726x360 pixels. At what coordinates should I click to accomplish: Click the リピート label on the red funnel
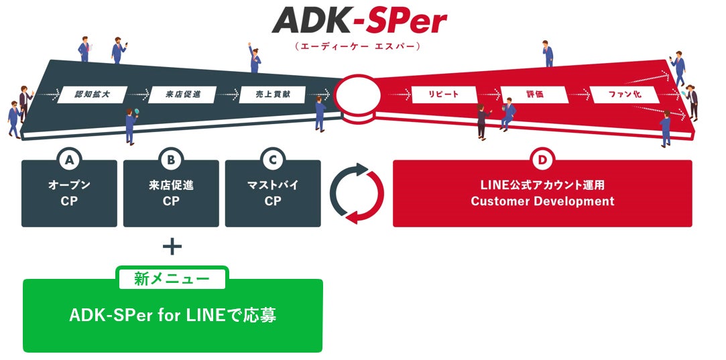(444, 95)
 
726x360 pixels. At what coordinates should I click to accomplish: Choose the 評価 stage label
(534, 95)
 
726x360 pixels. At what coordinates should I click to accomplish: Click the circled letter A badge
(69, 160)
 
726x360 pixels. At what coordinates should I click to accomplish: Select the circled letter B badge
(171, 160)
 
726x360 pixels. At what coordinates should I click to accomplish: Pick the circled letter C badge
(273, 160)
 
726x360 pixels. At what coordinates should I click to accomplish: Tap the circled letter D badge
(542, 160)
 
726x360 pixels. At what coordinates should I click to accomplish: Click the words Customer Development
(542, 201)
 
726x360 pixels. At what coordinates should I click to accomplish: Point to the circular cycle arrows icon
(357, 193)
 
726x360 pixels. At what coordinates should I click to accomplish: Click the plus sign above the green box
(172, 247)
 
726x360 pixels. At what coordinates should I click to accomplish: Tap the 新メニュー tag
(172, 278)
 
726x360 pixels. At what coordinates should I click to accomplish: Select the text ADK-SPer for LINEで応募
(172, 316)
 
